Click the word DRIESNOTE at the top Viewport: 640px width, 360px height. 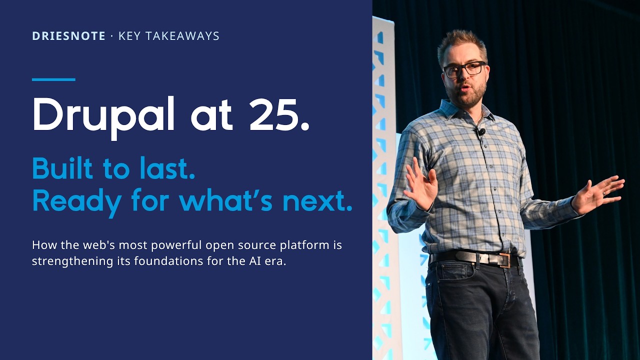[x=68, y=36]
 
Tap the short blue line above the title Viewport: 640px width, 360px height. [x=53, y=79]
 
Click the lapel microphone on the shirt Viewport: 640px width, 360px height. [x=481, y=132]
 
